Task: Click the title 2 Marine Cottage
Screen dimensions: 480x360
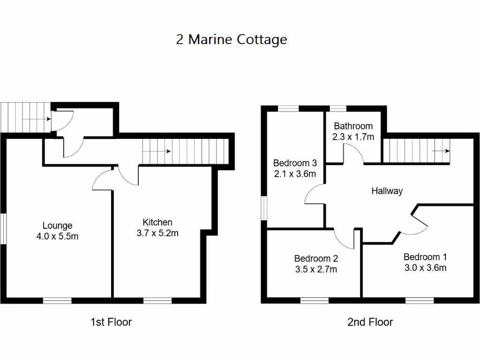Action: point(232,39)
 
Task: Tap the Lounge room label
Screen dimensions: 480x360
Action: point(57,225)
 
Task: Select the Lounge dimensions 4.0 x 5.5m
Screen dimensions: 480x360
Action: point(57,236)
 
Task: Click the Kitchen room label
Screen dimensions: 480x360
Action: point(157,222)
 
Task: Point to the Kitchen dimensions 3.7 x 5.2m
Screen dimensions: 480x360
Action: point(157,233)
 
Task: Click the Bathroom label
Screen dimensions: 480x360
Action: point(353,126)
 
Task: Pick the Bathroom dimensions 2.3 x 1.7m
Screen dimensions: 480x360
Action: point(353,137)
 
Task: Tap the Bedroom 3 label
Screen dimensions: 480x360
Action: point(295,163)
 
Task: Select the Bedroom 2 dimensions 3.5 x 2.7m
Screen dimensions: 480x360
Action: point(315,269)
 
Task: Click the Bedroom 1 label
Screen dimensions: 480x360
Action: point(425,257)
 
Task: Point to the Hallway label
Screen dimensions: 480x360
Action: point(387,191)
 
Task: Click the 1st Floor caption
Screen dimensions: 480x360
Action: point(111,322)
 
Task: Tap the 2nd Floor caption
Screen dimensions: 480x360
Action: point(370,322)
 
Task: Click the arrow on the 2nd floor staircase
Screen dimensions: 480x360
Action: point(441,151)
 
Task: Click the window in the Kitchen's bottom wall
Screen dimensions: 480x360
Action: point(157,300)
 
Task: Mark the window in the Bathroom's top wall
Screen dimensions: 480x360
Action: point(337,109)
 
